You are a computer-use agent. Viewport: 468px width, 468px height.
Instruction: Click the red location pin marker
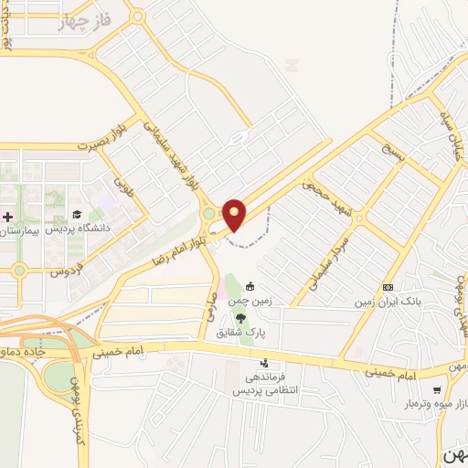tap(234, 214)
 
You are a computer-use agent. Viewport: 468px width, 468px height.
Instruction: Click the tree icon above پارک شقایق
tap(240, 318)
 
